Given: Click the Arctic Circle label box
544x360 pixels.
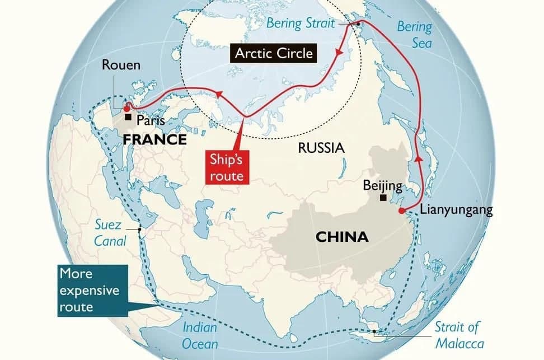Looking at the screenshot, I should pos(274,54).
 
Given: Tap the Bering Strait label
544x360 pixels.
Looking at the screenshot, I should pos(300,23).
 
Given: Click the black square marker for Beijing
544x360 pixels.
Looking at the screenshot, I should pos(383,198).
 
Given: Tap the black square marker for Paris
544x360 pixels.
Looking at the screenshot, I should pos(128,118).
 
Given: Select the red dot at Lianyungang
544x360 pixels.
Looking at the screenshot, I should pos(401,211).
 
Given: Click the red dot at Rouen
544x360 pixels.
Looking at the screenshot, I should pos(126,109).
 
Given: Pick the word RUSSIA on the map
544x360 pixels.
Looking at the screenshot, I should pos(321,148).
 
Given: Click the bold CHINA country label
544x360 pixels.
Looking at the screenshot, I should pos(342,237).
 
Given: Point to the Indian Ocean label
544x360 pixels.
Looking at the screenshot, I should pos(200,335).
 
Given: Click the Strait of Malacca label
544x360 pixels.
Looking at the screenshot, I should pos(458,335).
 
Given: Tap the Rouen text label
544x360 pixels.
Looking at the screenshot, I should pos(121,65).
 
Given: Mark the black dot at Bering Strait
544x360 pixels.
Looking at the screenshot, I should pos(358,24).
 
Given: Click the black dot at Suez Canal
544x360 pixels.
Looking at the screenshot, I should pos(140,229).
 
